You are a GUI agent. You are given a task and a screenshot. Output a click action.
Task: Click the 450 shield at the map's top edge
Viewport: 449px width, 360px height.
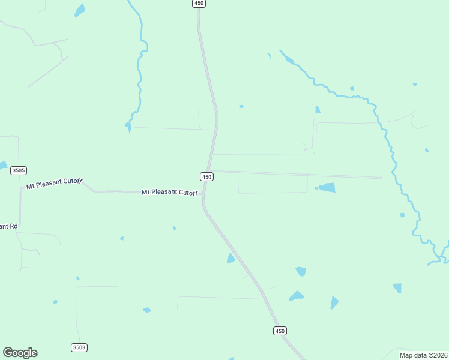point(199,4)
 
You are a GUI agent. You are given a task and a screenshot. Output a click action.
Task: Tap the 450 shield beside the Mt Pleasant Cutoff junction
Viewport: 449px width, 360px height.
point(206,176)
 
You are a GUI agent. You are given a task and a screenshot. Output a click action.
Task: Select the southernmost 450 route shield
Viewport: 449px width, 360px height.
point(280,331)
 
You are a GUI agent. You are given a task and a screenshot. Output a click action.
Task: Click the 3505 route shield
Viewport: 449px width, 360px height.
point(19,170)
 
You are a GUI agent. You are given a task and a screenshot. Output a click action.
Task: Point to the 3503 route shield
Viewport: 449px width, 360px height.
point(79,347)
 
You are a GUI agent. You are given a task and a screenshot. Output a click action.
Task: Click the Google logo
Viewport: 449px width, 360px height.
point(20,353)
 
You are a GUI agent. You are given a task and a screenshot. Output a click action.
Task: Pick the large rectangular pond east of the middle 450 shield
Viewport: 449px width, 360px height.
point(327,188)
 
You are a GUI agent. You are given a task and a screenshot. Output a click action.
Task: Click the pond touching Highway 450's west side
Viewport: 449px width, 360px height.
point(231,259)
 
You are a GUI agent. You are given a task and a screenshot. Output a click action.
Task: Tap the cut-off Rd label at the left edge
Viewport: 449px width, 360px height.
point(8,226)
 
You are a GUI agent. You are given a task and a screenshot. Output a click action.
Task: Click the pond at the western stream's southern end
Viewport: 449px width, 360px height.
point(128,125)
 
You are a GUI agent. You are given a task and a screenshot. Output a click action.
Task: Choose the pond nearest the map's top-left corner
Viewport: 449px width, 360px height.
point(79,10)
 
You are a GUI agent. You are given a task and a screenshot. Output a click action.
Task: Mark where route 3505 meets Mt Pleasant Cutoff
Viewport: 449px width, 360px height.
point(21,188)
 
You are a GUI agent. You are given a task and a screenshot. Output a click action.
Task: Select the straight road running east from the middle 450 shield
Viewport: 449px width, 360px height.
point(300,174)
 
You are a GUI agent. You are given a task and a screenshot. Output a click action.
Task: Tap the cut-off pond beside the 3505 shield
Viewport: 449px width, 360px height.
point(2,165)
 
